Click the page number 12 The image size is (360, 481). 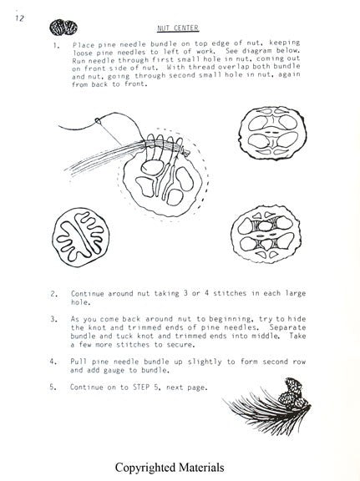click(x=19, y=18)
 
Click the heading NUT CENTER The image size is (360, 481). click(x=178, y=28)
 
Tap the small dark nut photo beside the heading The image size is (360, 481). click(x=63, y=28)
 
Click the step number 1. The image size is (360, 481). click(x=56, y=46)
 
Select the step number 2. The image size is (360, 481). click(x=54, y=294)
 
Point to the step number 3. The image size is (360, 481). click(x=54, y=319)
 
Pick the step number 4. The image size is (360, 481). click(x=53, y=362)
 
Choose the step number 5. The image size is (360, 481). click(x=53, y=387)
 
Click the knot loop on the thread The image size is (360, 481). click(x=98, y=120)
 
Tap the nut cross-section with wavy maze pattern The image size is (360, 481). click(x=81, y=237)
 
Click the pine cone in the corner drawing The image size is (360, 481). click(x=293, y=393)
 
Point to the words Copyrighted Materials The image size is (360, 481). click(x=170, y=468)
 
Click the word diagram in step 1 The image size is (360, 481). click(x=253, y=51)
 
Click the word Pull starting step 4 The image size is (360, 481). click(x=78, y=362)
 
